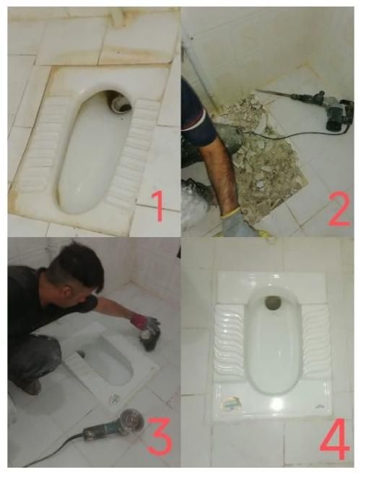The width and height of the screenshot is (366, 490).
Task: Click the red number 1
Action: point(159,206)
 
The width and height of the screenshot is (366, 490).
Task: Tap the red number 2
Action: point(339,209)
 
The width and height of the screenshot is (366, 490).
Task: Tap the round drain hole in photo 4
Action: point(271,302)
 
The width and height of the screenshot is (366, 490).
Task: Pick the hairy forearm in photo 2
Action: point(219,175)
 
